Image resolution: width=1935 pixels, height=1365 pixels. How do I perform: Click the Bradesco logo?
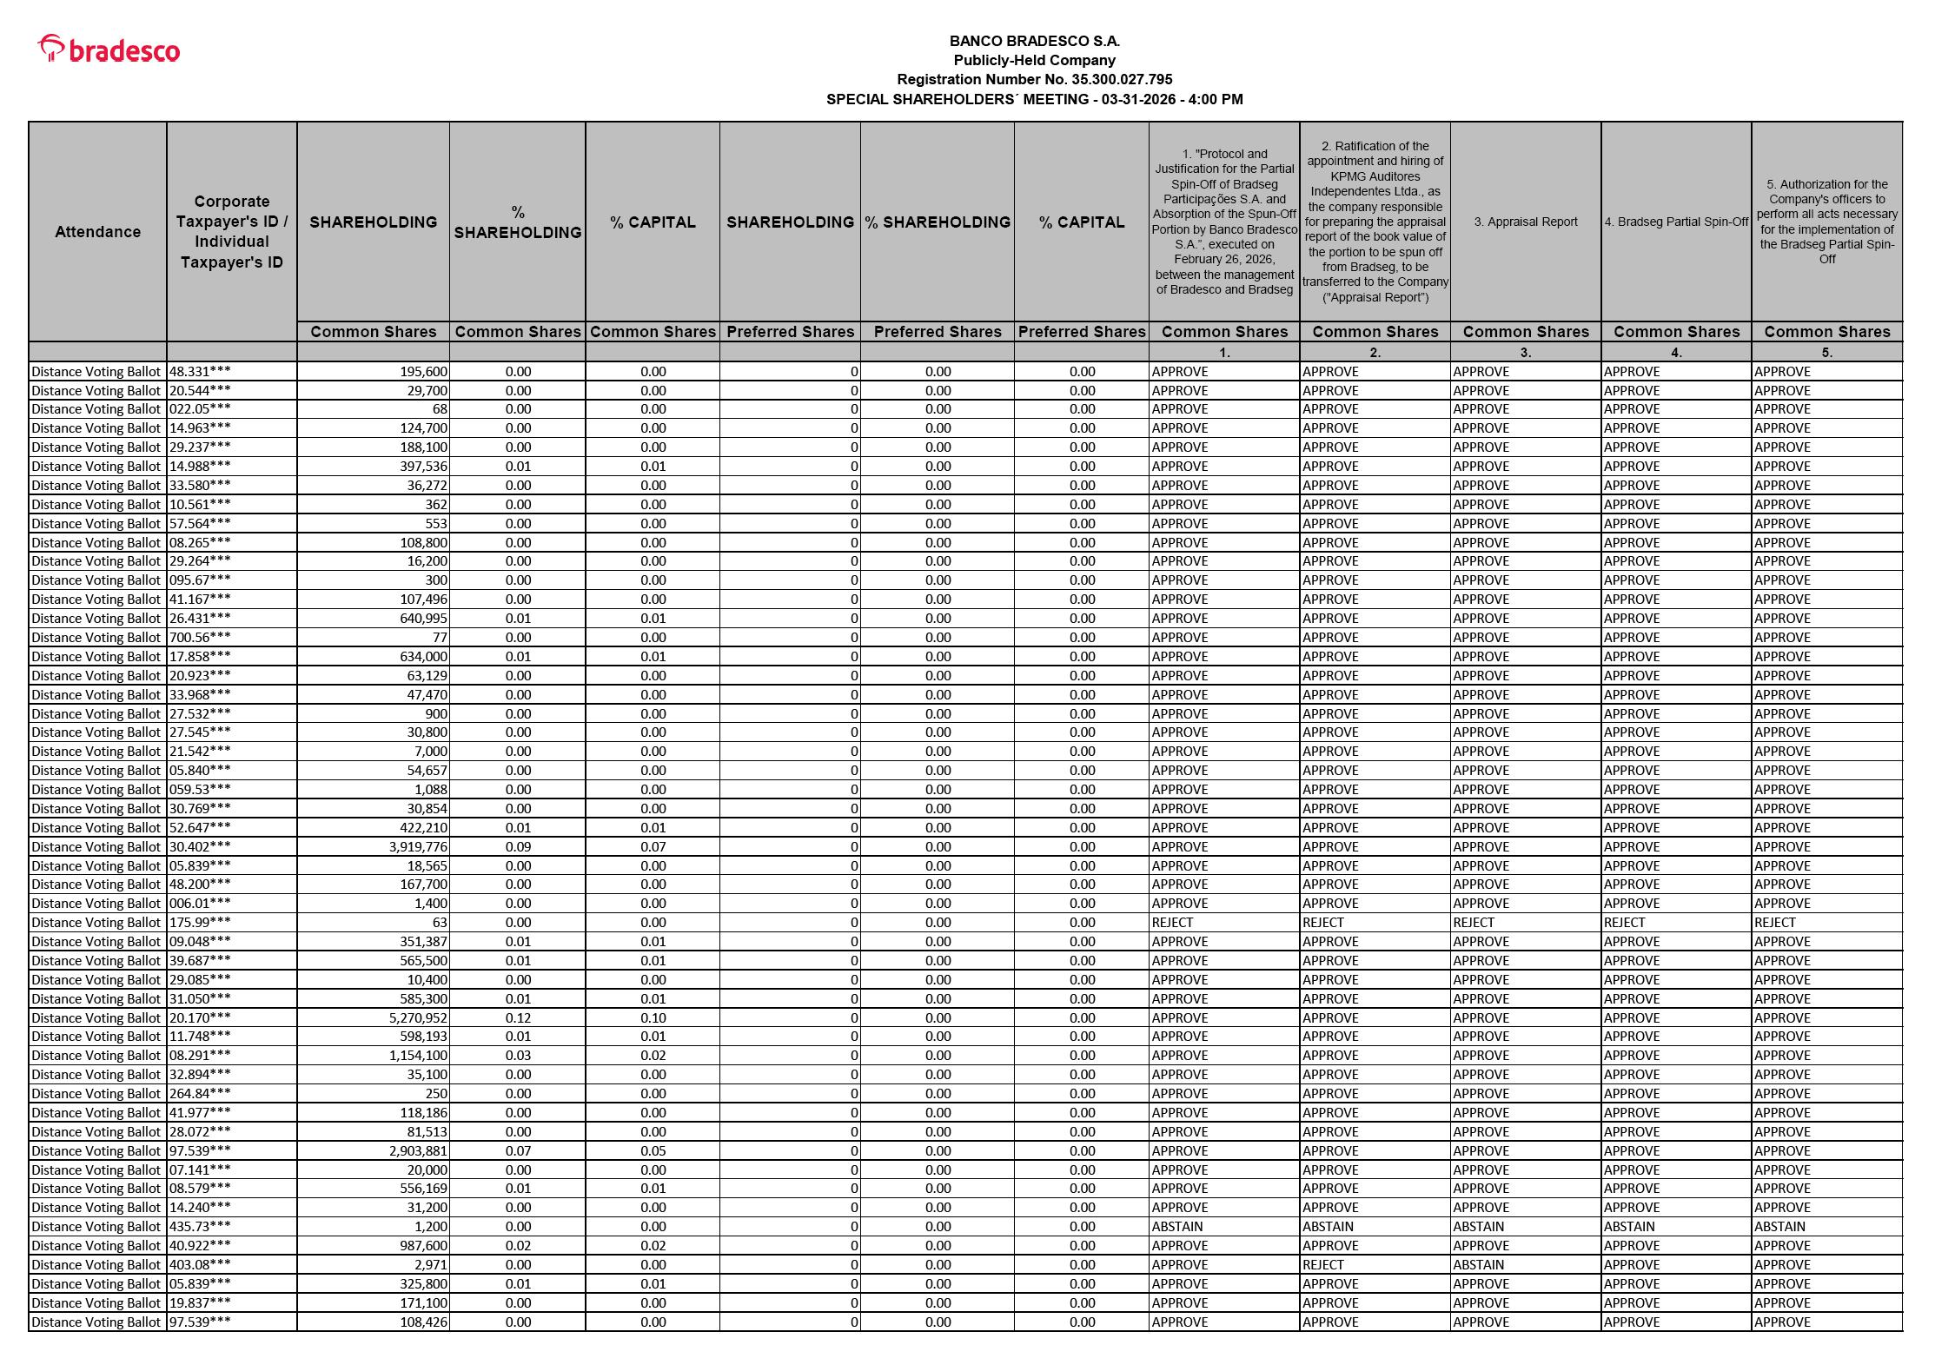109,50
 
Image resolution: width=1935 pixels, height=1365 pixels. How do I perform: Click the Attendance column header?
97,231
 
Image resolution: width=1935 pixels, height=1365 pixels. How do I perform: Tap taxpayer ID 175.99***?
200,923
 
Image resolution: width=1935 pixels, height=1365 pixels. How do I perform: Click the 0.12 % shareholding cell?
518,1017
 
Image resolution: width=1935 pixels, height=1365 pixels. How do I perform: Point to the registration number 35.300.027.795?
1034,79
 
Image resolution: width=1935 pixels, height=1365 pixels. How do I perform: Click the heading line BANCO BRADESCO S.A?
1034,41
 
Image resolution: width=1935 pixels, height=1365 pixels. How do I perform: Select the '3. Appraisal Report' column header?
1525,222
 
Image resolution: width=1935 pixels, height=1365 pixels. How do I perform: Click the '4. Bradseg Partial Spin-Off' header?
1675,222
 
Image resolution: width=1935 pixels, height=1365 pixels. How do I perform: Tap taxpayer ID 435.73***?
200,1227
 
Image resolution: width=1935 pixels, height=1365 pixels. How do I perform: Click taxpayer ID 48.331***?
200,372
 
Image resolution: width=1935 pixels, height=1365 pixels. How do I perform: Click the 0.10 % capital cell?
653,1017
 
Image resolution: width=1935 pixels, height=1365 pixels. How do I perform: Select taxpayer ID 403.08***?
200,1265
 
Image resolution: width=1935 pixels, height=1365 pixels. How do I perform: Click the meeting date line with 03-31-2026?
1034,99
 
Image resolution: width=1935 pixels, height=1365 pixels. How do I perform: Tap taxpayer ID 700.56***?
200,638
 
